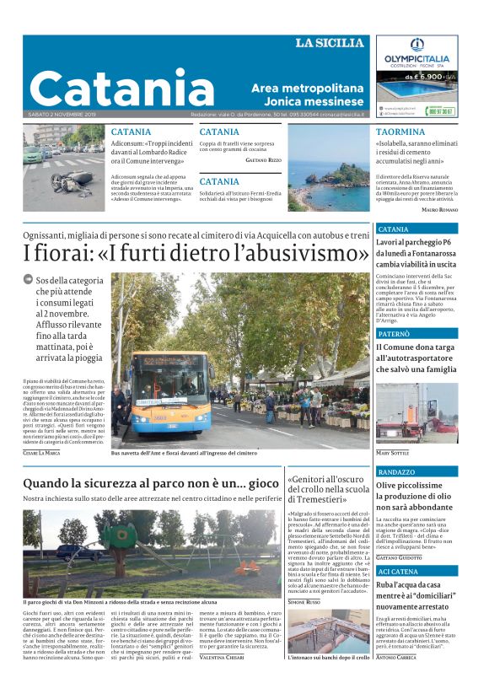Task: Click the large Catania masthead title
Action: click(123, 88)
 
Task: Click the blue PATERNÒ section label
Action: click(394, 335)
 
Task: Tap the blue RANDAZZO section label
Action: click(397, 472)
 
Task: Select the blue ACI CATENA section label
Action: click(399, 572)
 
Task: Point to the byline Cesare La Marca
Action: click(41, 454)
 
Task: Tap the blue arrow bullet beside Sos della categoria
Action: click(28, 278)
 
